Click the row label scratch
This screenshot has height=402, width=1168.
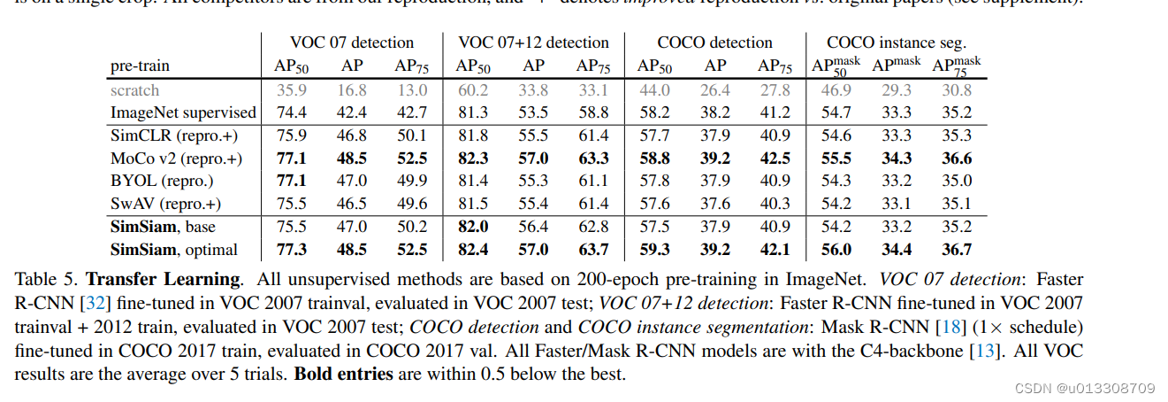click(x=134, y=89)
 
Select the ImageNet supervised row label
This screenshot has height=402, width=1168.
click(x=183, y=112)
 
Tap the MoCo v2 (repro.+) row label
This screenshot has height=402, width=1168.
click(x=176, y=158)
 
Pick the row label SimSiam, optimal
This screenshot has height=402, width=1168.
click(x=174, y=250)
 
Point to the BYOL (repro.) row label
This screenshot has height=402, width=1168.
click(x=162, y=182)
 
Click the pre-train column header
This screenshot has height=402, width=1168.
click(x=140, y=66)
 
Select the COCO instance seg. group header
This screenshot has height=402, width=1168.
click(x=897, y=43)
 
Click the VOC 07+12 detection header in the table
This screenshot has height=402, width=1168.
click(x=533, y=43)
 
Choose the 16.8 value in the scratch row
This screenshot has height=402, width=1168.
click(x=351, y=89)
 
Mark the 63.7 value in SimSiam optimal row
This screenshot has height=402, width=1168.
click(x=592, y=250)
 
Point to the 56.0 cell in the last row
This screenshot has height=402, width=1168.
click(x=836, y=250)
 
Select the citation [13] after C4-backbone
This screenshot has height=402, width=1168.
click(x=986, y=350)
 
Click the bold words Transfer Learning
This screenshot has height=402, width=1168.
click(x=163, y=279)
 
